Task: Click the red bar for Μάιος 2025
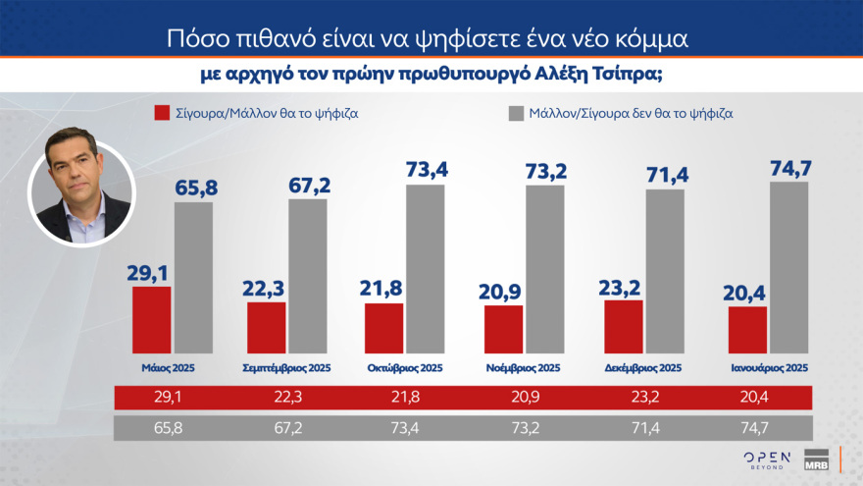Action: point(151,320)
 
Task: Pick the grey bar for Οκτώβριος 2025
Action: point(425,269)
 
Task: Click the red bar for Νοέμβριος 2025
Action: point(504,330)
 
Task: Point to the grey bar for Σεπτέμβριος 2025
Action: point(307,276)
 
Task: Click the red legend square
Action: point(163,113)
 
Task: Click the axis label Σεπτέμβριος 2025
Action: point(286,368)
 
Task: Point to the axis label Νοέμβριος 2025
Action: point(523,368)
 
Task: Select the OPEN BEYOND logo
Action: point(765,461)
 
